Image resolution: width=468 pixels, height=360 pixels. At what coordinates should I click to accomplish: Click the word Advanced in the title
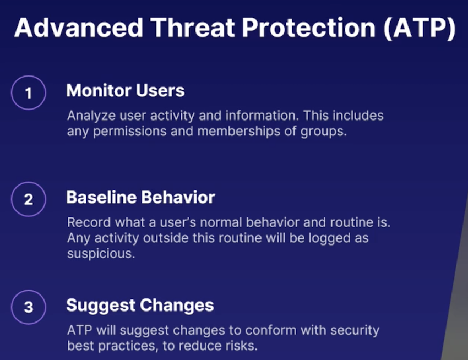pyautogui.click(x=79, y=28)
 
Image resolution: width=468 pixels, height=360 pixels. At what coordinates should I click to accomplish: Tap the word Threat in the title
pyautogui.click(x=193, y=28)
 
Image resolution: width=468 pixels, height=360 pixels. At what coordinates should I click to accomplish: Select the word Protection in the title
pyautogui.click(x=309, y=28)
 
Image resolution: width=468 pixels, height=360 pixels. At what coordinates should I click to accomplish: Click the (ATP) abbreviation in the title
pyautogui.click(x=420, y=28)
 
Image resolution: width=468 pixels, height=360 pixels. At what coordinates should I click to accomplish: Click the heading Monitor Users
pyautogui.click(x=126, y=90)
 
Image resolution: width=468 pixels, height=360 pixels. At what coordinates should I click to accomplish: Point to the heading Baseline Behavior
pyautogui.click(x=140, y=197)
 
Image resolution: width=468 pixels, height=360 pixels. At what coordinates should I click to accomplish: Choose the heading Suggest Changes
pyautogui.click(x=140, y=306)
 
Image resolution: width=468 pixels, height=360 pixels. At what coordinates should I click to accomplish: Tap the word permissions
pyautogui.click(x=130, y=132)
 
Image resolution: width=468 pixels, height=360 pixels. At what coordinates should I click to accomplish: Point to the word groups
pyautogui.click(x=324, y=132)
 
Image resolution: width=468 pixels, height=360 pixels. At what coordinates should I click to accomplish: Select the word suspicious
pyautogui.click(x=101, y=254)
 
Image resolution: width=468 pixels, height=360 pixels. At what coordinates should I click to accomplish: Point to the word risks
pyautogui.click(x=242, y=346)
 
